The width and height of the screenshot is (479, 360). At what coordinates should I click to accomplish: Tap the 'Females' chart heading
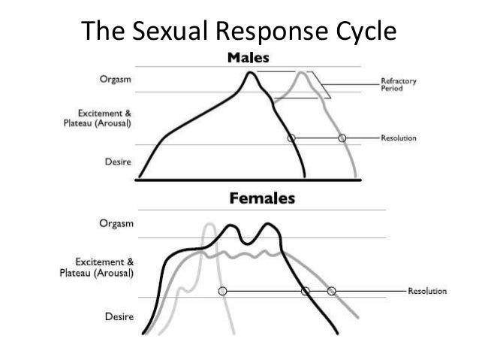tap(261, 199)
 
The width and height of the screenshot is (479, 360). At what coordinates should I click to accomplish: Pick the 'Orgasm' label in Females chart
tap(116, 223)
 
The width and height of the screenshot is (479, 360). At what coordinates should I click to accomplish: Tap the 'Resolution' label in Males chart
tap(398, 138)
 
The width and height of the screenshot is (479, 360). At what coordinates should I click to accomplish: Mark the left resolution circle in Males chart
tap(292, 138)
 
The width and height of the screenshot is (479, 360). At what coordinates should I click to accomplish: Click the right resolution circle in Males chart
tap(342, 138)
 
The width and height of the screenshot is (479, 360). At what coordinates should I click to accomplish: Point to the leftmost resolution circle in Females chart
tap(222, 291)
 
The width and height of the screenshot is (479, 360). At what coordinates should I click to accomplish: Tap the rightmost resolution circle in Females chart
tap(331, 291)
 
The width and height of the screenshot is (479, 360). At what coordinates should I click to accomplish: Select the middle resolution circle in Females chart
tap(305, 291)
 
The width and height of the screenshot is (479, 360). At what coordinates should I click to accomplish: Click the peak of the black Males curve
tap(251, 72)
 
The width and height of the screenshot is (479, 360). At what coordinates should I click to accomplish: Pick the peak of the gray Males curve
tap(302, 73)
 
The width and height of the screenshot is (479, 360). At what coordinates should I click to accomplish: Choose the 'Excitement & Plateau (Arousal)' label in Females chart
tap(97, 268)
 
